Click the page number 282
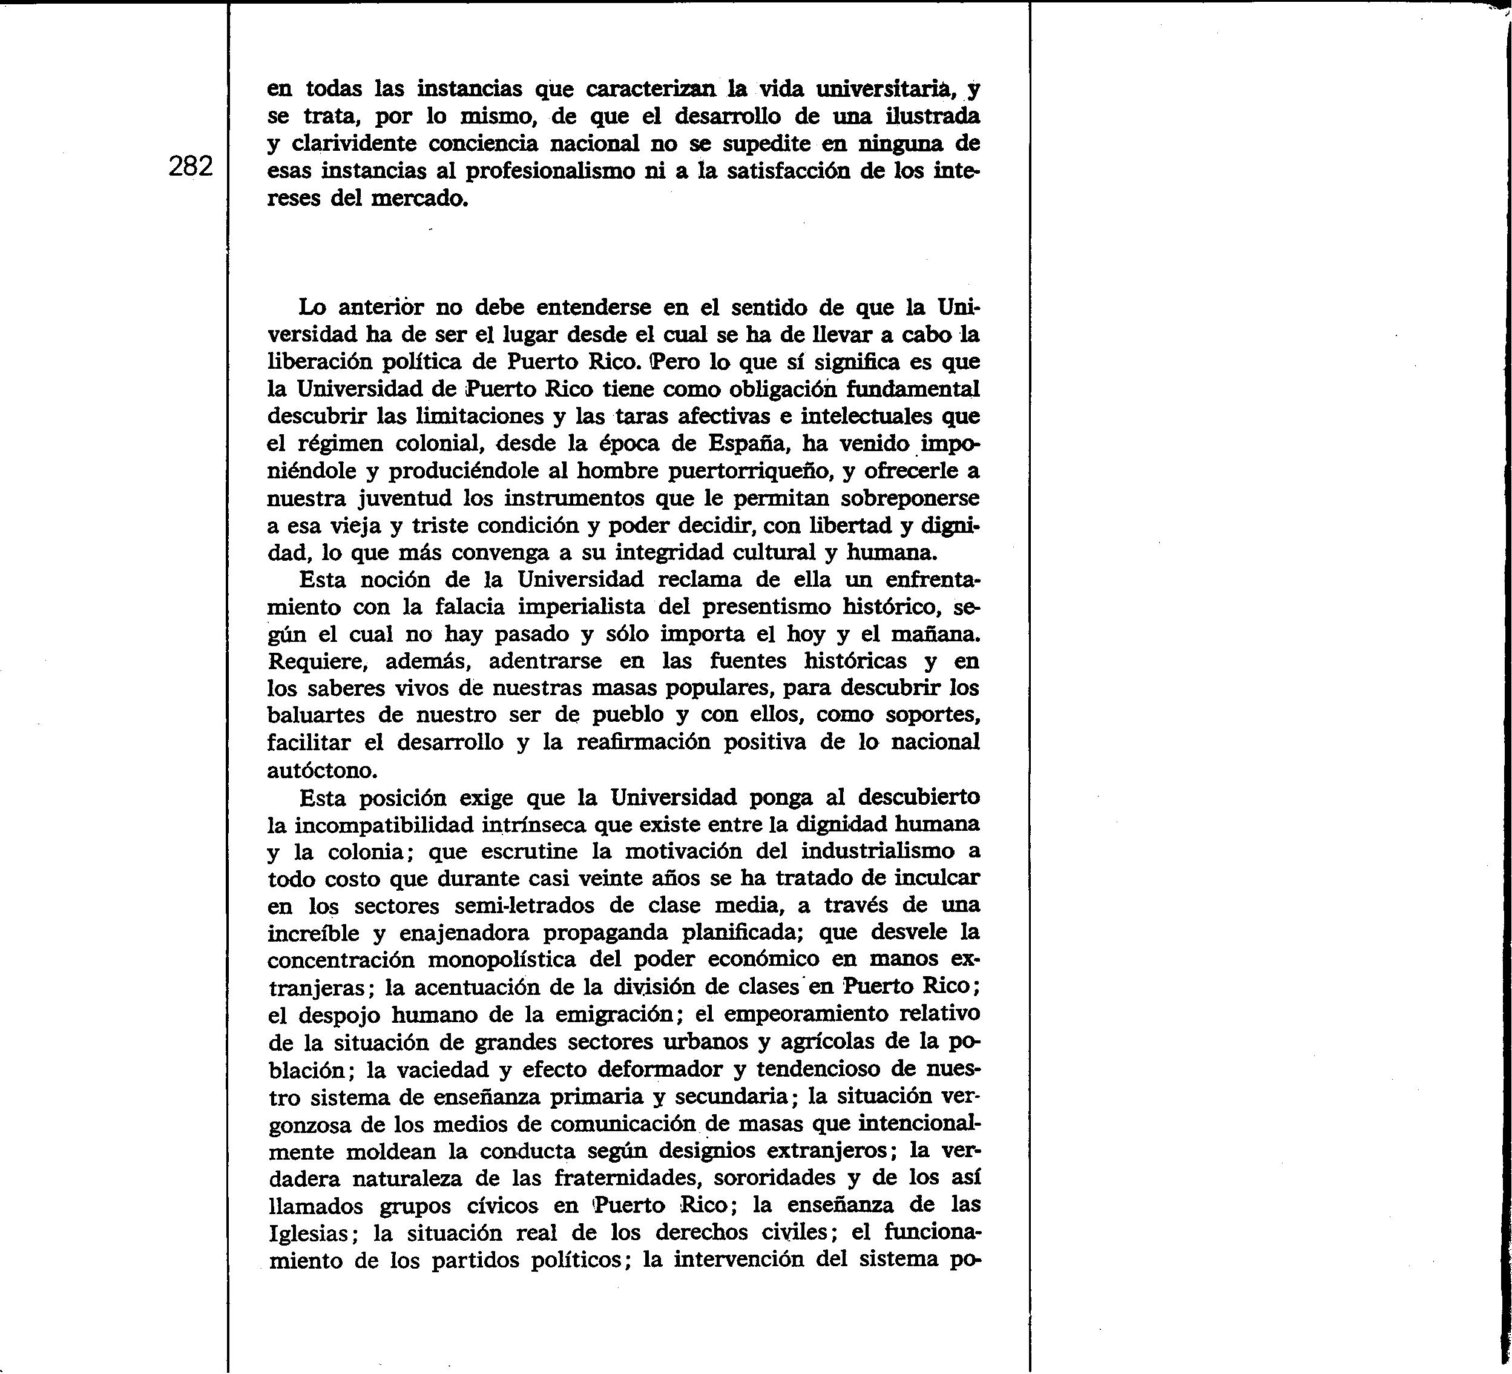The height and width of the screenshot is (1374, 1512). pos(191,166)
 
